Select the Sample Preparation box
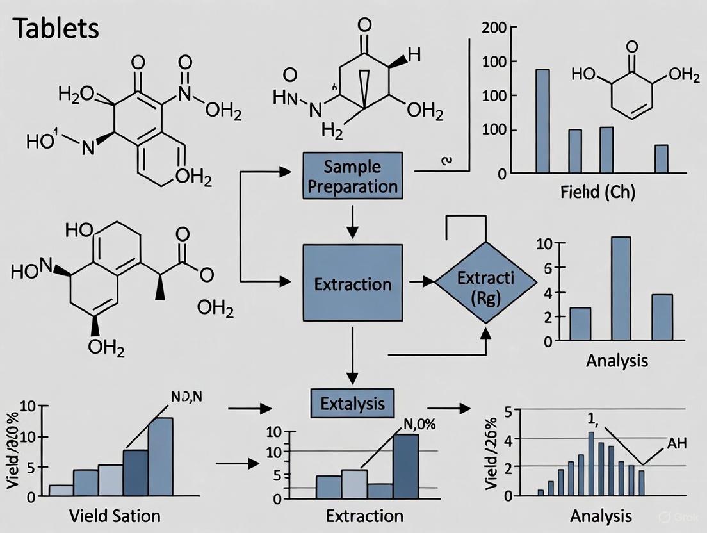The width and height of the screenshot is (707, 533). click(352, 177)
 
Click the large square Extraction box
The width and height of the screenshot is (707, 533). click(352, 283)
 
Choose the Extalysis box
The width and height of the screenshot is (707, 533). click(352, 403)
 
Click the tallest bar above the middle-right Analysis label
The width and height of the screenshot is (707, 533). click(621, 288)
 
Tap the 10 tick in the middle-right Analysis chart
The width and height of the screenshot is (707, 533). click(544, 243)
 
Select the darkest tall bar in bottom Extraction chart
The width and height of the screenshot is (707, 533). click(406, 466)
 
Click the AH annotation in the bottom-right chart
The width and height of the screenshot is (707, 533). click(678, 444)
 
